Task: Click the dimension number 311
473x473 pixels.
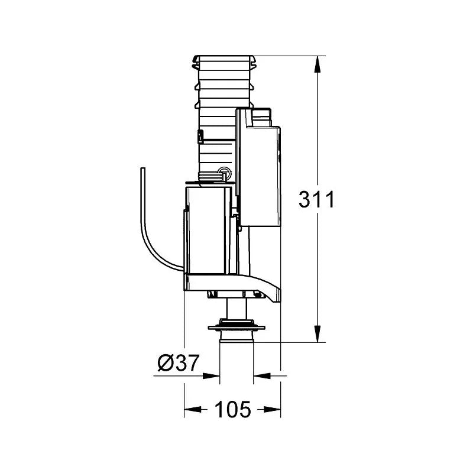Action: [x=316, y=200]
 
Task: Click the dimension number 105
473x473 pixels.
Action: [x=232, y=408]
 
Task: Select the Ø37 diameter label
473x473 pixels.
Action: [x=177, y=362]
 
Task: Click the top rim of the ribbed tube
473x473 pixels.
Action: [x=225, y=59]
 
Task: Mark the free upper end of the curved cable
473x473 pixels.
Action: [x=141, y=170]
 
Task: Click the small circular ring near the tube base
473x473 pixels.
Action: [x=225, y=173]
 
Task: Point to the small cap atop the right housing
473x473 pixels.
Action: [x=261, y=112]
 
